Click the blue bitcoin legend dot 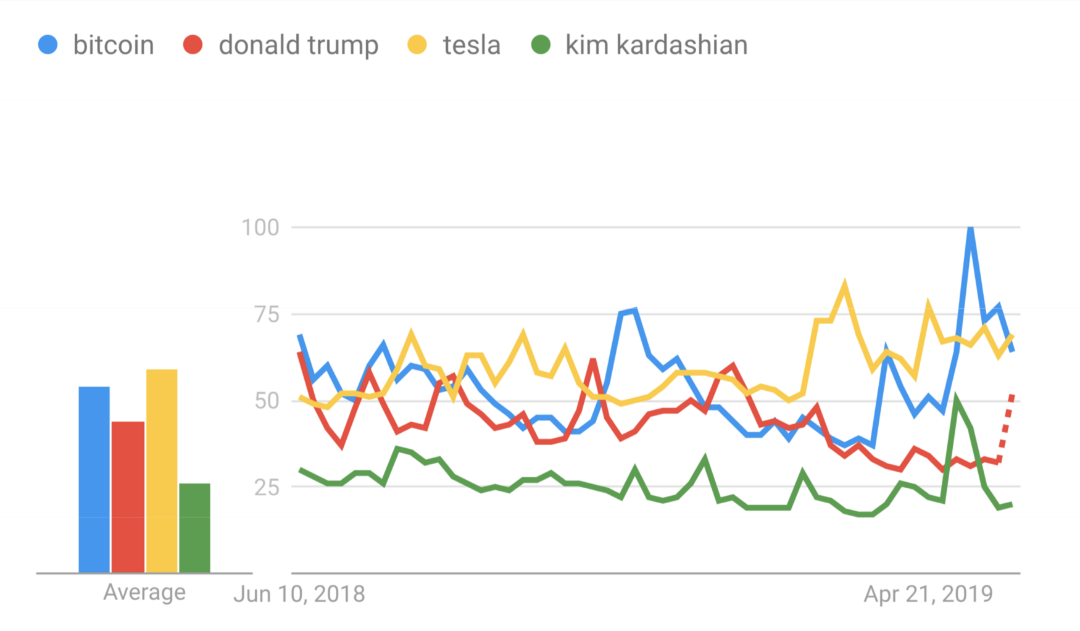pos(48,45)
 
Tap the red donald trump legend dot pos(193,45)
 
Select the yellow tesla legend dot pos(417,45)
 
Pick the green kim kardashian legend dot pos(541,45)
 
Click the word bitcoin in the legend pos(114,45)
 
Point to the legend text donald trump pos(298,45)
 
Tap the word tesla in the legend pos(471,45)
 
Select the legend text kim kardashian pos(656,45)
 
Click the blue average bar pos(94,480)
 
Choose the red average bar pos(128,497)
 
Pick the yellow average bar pos(162,471)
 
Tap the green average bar pos(194,528)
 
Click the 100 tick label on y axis pos(260,228)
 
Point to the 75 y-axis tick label pos(267,315)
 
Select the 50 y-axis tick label pos(267,401)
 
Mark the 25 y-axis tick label pos(267,488)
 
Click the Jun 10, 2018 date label pos(299,594)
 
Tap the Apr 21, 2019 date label pos(928,594)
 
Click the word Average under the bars pos(144,592)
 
